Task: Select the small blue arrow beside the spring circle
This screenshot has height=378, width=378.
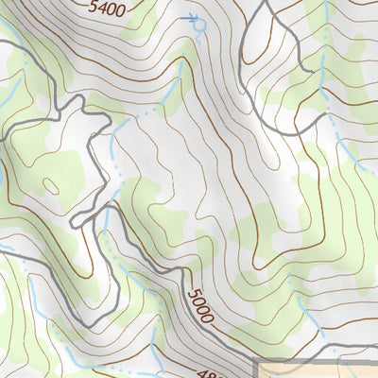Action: click(x=193, y=16)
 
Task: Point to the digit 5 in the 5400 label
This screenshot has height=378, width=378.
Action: click(x=93, y=6)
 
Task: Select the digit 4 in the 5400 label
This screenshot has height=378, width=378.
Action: click(x=101, y=8)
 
